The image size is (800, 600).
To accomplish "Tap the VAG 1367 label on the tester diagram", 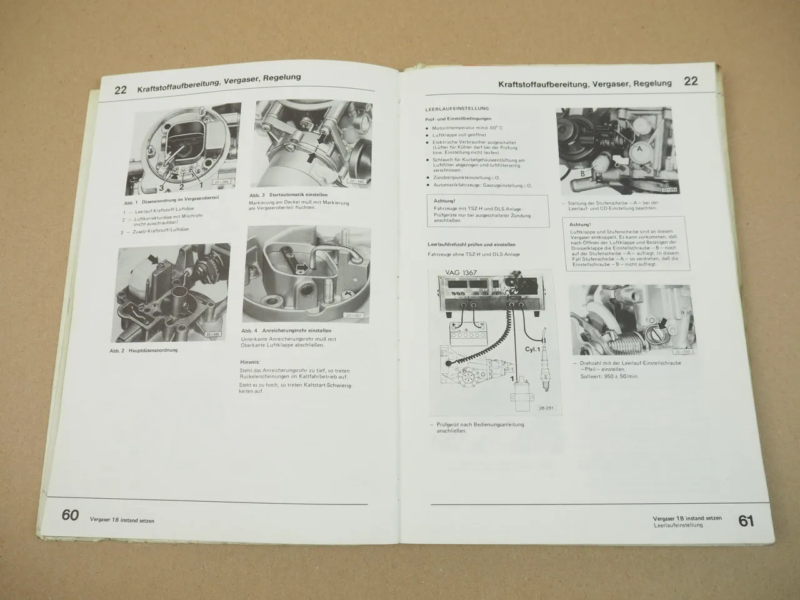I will [460, 272].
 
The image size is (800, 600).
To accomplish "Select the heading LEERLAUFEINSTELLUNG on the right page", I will [456, 108].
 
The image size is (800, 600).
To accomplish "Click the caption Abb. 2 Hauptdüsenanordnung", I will [144, 351].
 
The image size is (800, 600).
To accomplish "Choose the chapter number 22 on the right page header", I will [691, 81].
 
